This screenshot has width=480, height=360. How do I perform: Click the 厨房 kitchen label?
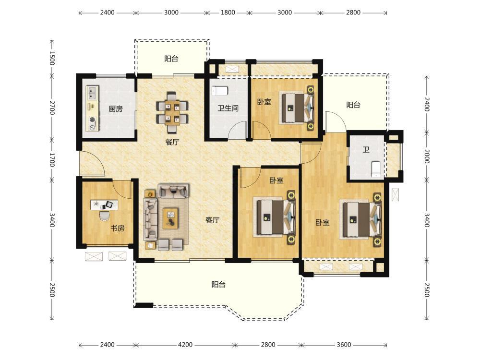pyautogui.click(x=115, y=108)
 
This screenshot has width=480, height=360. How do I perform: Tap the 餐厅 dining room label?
pyautogui.click(x=172, y=142)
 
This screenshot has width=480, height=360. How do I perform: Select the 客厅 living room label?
pyautogui.click(x=213, y=220)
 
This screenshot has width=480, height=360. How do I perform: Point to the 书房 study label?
pyautogui.click(x=118, y=228)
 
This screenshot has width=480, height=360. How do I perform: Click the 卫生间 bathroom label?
pyautogui.click(x=228, y=108)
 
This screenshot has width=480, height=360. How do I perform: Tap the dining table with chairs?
pyautogui.click(x=172, y=112)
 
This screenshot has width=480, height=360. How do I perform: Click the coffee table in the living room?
pyautogui.click(x=170, y=218)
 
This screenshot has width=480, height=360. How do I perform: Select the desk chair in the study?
pyautogui.click(x=104, y=215)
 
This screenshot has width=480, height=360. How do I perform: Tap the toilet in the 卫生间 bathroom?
pyautogui.click(x=220, y=91)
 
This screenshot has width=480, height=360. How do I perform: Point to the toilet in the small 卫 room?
pyautogui.click(x=376, y=169)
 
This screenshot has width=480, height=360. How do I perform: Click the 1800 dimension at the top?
pyautogui.click(x=228, y=12)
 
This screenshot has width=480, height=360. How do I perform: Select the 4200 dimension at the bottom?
pyautogui.click(x=185, y=345)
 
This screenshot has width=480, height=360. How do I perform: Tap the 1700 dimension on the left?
pyautogui.click(x=52, y=160)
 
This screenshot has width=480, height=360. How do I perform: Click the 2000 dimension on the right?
pyautogui.click(x=427, y=156)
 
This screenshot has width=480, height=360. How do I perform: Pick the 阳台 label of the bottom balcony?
pyautogui.click(x=218, y=284)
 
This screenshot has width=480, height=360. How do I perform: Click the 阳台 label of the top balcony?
pyautogui.click(x=171, y=59)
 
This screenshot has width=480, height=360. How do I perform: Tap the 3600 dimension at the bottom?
pyautogui.click(x=344, y=345)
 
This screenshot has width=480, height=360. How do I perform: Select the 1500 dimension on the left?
pyautogui.click(x=52, y=58)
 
